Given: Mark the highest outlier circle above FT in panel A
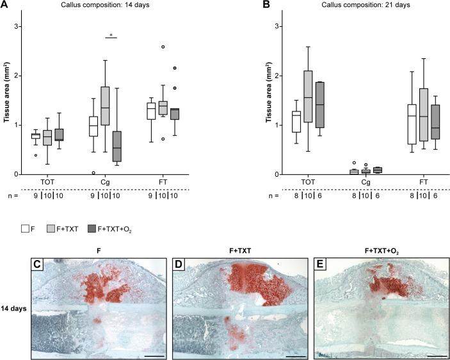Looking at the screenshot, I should [163, 47].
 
